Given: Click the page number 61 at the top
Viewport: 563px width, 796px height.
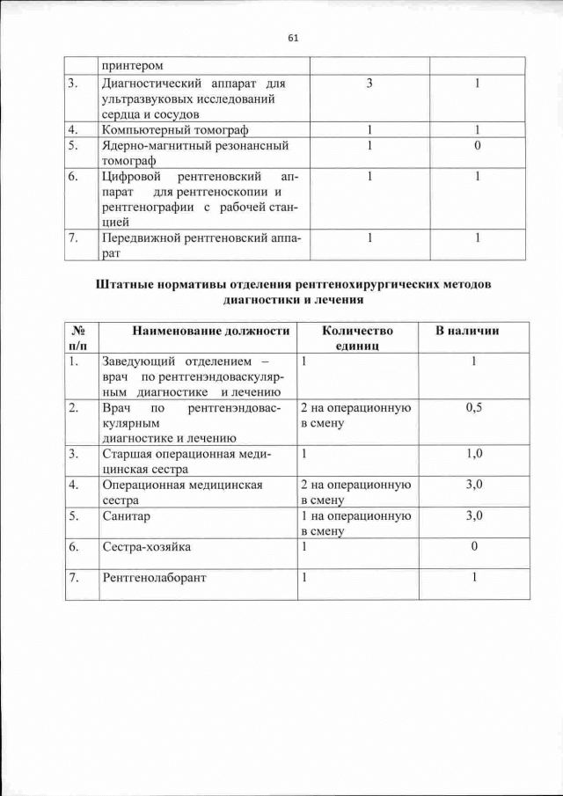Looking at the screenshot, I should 293,37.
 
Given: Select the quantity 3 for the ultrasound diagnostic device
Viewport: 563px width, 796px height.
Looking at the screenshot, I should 369,84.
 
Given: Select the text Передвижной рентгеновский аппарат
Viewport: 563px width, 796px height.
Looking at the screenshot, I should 201,245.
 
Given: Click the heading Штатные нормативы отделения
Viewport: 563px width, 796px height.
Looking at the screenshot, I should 293,292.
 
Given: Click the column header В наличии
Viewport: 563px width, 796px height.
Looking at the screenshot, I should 468,331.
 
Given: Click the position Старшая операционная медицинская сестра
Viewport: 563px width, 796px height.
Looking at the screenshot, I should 187,461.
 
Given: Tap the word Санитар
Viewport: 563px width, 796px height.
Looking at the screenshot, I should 127,516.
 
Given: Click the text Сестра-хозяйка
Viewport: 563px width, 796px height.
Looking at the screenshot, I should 146,547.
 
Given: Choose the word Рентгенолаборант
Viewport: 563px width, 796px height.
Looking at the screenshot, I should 157,578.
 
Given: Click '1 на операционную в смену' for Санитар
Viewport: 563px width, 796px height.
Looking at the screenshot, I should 356,523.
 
